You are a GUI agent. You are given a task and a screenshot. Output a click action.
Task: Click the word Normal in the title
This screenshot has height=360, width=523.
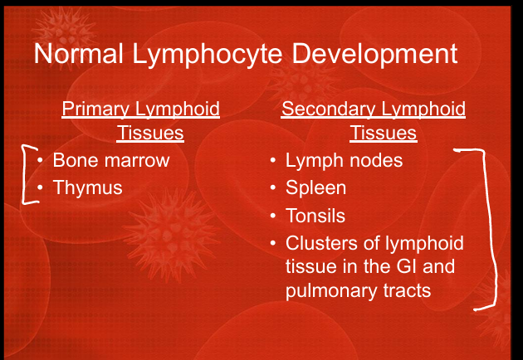pos(78,53)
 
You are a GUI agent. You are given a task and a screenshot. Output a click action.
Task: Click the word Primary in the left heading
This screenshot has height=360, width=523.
pos(95,109)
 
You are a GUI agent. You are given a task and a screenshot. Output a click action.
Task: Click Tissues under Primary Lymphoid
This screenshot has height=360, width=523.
pos(150,133)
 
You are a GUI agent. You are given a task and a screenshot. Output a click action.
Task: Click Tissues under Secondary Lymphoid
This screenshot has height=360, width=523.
pos(384,133)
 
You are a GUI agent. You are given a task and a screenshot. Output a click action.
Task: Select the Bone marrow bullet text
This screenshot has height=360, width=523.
pos(111,160)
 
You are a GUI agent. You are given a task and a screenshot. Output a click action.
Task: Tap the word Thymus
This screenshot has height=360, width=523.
pos(88,188)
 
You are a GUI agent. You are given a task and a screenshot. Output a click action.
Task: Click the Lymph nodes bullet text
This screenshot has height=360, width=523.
pos(344,161)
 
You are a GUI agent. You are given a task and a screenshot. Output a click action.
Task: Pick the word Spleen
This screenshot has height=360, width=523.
pos(315,188)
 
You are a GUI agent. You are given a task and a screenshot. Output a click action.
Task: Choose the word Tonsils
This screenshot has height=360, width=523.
pos(315,216)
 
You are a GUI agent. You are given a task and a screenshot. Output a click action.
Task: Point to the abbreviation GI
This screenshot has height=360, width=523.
pos(407,266)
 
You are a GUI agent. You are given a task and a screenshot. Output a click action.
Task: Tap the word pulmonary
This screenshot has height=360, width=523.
pos(332,291)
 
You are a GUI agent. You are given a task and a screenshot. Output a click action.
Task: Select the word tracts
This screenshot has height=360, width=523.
pos(407,290)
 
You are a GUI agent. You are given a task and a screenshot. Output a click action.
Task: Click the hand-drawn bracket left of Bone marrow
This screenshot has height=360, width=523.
pos(23,173)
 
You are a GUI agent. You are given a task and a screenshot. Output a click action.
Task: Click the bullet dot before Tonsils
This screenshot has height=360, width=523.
pos(273,216)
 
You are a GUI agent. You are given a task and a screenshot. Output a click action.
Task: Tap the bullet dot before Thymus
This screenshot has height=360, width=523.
pos(41,187)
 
